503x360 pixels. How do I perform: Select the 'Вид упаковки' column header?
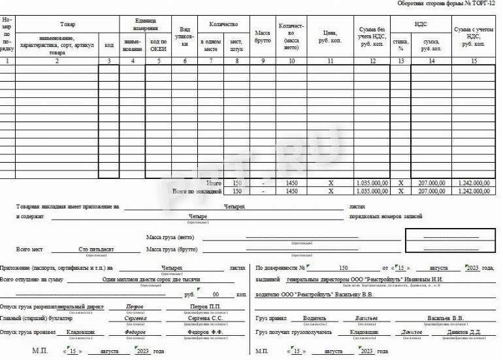tap(185, 37)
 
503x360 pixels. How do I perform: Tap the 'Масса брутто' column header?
tap(263, 37)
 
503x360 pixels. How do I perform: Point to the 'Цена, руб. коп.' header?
tap(331, 37)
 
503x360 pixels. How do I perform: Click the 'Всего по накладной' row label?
tap(196, 191)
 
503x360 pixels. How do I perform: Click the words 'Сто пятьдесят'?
tap(96, 249)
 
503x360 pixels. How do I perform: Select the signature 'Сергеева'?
tap(135, 319)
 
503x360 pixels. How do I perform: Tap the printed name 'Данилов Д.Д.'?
tap(449, 332)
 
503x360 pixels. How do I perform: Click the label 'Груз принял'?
tap(270, 319)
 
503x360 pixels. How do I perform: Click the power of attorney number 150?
tap(344, 268)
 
